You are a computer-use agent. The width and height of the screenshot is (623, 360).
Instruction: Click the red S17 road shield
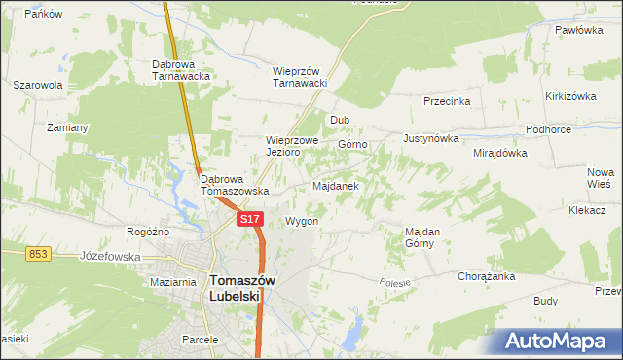coord(249,219)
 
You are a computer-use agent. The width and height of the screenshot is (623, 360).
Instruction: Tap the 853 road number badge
coord(38,253)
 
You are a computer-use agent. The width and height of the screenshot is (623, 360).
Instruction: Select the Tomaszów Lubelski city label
coord(242,289)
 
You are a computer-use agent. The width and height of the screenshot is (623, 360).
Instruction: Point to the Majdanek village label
coord(336,185)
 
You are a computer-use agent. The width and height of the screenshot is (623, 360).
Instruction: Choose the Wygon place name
coord(302,221)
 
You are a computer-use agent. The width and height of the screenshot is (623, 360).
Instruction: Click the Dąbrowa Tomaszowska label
coord(234,185)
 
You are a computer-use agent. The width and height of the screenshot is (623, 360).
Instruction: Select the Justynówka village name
coord(430,138)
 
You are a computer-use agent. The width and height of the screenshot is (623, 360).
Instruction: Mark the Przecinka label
coord(447,100)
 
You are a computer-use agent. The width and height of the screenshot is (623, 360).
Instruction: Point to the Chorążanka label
coord(486,276)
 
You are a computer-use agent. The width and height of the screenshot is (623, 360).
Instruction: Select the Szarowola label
coord(38,85)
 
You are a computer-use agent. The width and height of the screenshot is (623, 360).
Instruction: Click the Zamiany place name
coord(67,127)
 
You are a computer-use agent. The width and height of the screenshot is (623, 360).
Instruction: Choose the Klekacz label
coord(587,210)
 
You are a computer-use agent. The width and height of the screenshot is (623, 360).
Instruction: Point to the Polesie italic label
coord(396,281)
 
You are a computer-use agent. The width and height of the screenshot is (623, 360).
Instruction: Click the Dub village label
coord(339,120)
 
